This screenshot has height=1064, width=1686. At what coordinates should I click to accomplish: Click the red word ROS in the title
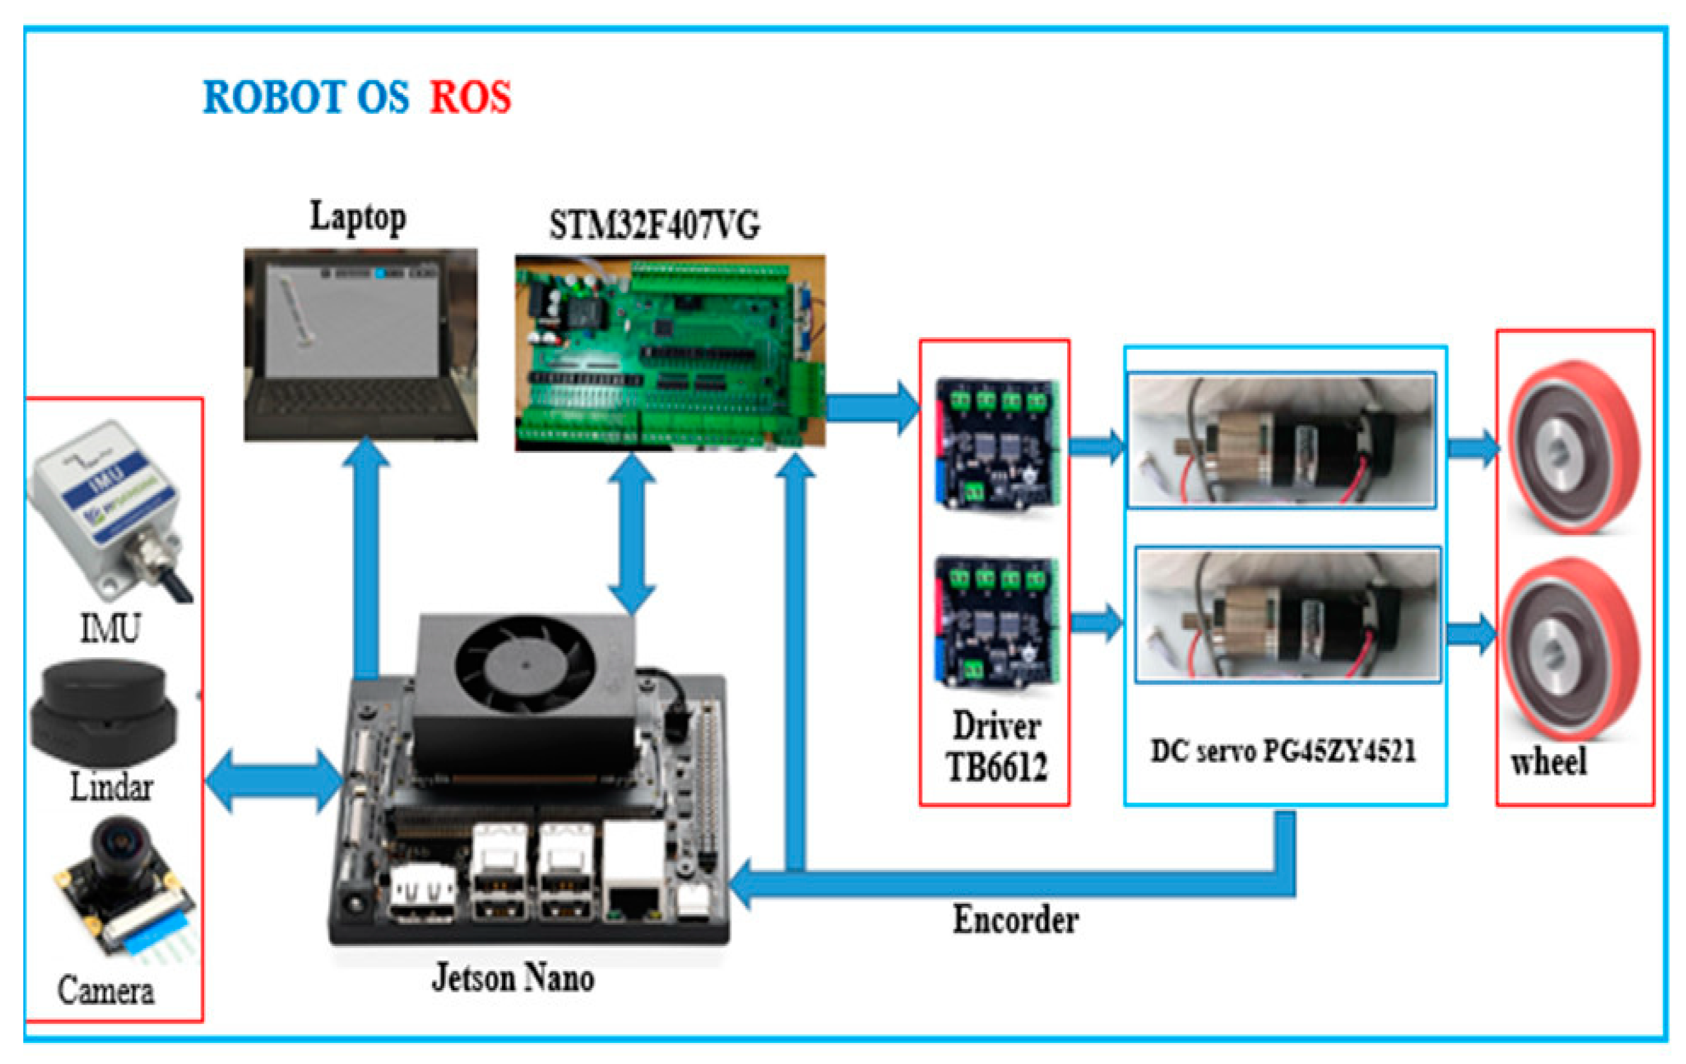[x=470, y=96]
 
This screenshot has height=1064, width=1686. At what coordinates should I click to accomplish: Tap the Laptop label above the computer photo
[x=358, y=218]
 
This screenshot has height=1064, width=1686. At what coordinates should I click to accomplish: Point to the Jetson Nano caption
[x=512, y=977]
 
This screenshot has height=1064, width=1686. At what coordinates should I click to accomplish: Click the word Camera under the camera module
[x=105, y=990]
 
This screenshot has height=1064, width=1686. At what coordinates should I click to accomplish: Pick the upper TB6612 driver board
[x=996, y=445]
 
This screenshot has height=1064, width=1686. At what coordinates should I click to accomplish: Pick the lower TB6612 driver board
[x=996, y=622]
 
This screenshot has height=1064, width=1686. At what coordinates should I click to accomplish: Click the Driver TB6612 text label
[x=996, y=746]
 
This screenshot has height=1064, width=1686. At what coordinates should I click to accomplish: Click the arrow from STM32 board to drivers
[x=872, y=408]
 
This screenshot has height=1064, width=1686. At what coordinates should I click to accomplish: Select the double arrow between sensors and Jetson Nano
[x=274, y=781]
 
